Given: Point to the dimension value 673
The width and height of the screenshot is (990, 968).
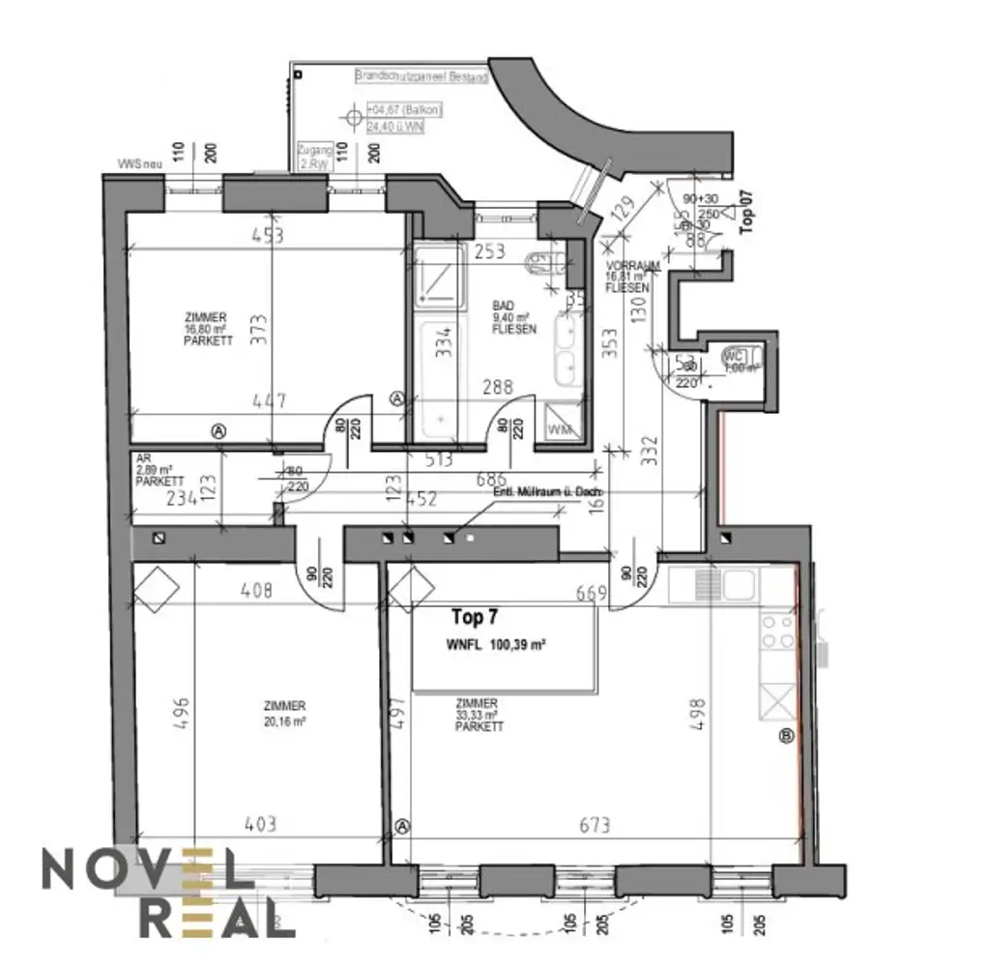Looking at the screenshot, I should tap(596, 825).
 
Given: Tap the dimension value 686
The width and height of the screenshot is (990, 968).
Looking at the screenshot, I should tap(490, 479).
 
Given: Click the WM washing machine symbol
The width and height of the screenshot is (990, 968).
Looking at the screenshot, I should tap(560, 427).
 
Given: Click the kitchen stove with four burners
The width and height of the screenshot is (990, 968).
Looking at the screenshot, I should tap(779, 632).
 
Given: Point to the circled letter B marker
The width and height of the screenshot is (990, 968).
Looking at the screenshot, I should tap(786, 737).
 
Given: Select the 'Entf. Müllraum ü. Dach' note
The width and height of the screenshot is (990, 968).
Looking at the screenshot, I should tap(547, 492).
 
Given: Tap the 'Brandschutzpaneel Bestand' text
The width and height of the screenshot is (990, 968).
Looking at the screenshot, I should tap(422, 75).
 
